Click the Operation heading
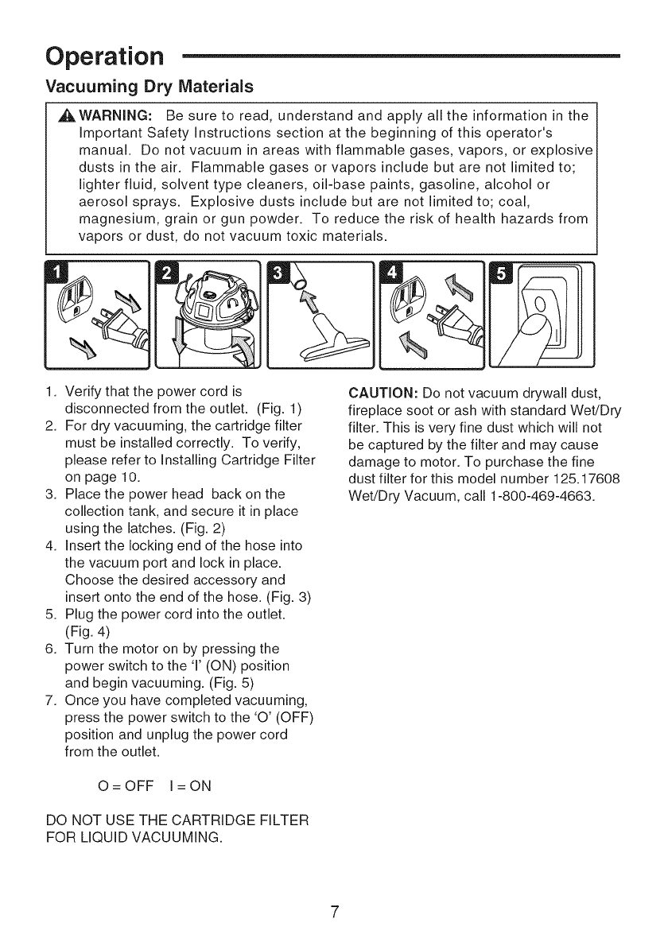pos(105,57)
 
